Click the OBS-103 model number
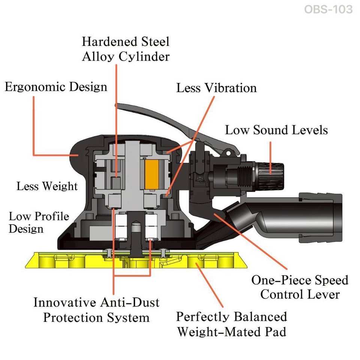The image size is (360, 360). (328, 9)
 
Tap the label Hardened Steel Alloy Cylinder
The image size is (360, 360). (126, 49)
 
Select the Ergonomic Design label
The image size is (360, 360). (56, 87)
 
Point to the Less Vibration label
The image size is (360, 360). (216, 88)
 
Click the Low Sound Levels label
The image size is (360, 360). (276, 130)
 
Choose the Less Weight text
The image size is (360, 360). (47, 186)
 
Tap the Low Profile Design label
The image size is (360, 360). (39, 222)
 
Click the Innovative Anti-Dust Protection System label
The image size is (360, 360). (96, 310)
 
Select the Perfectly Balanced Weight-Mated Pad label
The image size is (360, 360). (231, 324)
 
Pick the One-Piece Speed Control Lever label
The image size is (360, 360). (300, 287)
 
